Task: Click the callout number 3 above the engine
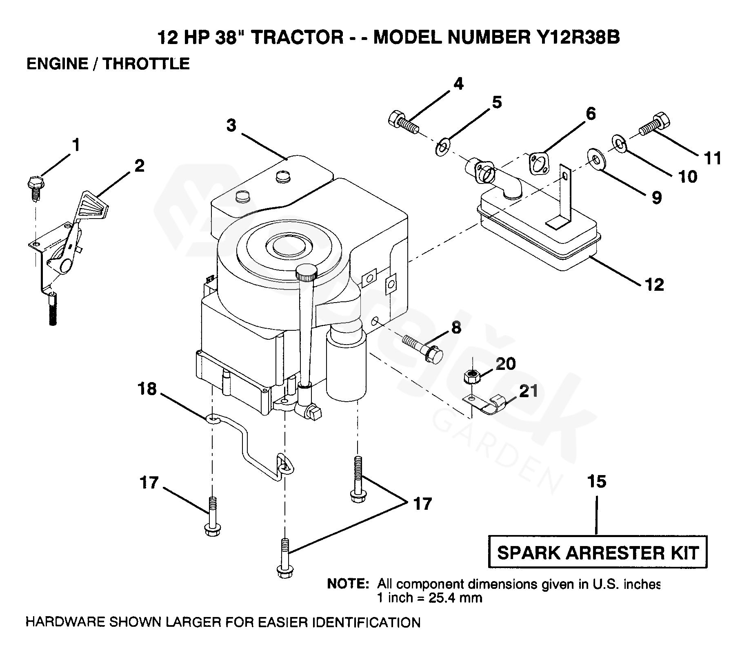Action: [231, 126]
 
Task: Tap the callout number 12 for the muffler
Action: [655, 285]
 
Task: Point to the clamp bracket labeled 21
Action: [487, 404]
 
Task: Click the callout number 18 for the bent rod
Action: [147, 389]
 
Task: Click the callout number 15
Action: [597, 482]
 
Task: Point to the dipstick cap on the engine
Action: [307, 271]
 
